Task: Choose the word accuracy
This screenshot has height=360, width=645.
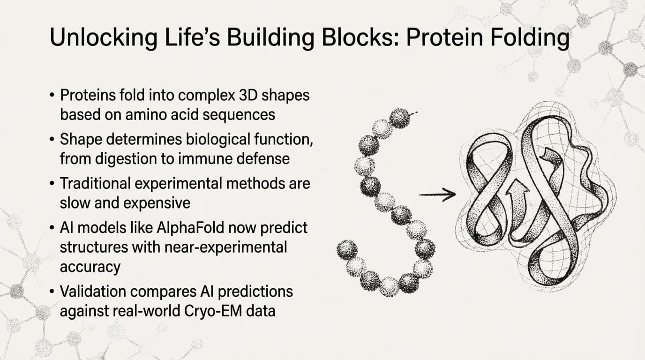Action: point(90,266)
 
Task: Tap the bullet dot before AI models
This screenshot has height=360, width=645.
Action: point(52,228)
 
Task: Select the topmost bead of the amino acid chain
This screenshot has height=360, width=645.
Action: point(399,118)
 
